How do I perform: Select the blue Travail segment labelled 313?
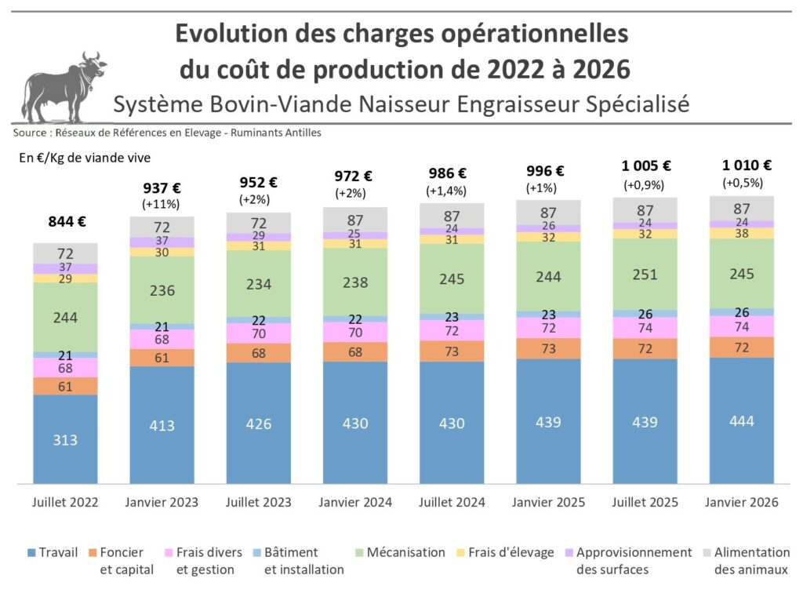click(x=65, y=439)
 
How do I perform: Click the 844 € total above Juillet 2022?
click(x=65, y=221)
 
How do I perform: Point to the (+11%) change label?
click(x=162, y=204)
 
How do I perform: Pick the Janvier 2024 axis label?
click(x=355, y=503)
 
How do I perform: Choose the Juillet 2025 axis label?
click(x=645, y=503)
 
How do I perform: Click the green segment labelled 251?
click(x=645, y=275)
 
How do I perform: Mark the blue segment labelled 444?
click(x=741, y=421)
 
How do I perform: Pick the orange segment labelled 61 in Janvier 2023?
click(x=162, y=358)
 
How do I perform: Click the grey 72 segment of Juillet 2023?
click(x=259, y=224)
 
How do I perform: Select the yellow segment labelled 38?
click(x=741, y=233)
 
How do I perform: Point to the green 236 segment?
click(x=162, y=290)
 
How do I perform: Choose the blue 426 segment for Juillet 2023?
click(x=259, y=424)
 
